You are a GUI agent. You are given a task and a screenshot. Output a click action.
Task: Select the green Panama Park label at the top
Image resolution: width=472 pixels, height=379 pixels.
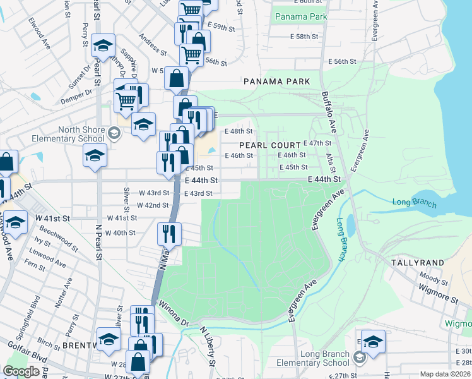click(x=301, y=15)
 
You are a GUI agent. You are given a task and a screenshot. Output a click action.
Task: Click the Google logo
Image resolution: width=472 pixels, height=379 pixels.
click(x=21, y=371)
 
